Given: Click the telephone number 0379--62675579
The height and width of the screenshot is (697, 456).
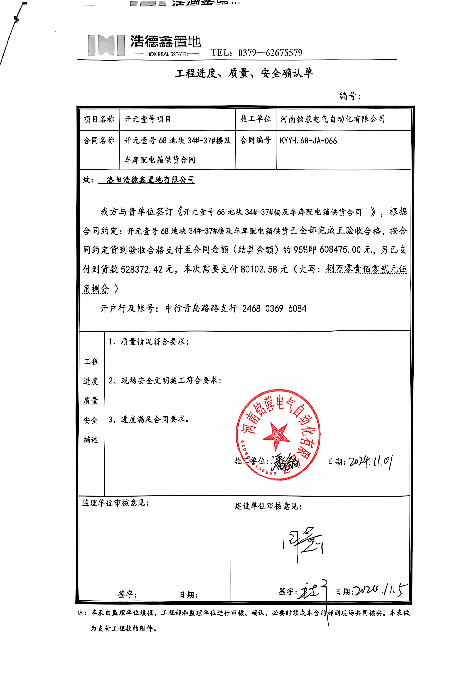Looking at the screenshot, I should tap(270, 53).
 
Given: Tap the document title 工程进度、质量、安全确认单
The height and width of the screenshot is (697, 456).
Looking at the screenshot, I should tap(244, 73).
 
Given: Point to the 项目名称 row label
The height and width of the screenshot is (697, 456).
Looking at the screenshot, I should tap(99, 119).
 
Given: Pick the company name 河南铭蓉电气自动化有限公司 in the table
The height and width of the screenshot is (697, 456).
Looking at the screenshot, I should tap(332, 119).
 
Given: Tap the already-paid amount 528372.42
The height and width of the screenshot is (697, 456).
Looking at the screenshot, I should tap(141, 269).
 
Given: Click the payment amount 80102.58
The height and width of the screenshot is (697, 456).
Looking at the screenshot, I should tap(259, 269).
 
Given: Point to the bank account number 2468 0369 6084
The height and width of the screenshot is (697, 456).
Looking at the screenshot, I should tap(274, 308).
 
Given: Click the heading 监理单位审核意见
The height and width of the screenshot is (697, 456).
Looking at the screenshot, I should tap(115, 503).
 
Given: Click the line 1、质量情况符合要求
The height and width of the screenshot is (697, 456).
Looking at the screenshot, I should tap(148, 341).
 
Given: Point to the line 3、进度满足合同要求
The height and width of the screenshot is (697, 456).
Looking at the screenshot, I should tap(148, 419).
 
